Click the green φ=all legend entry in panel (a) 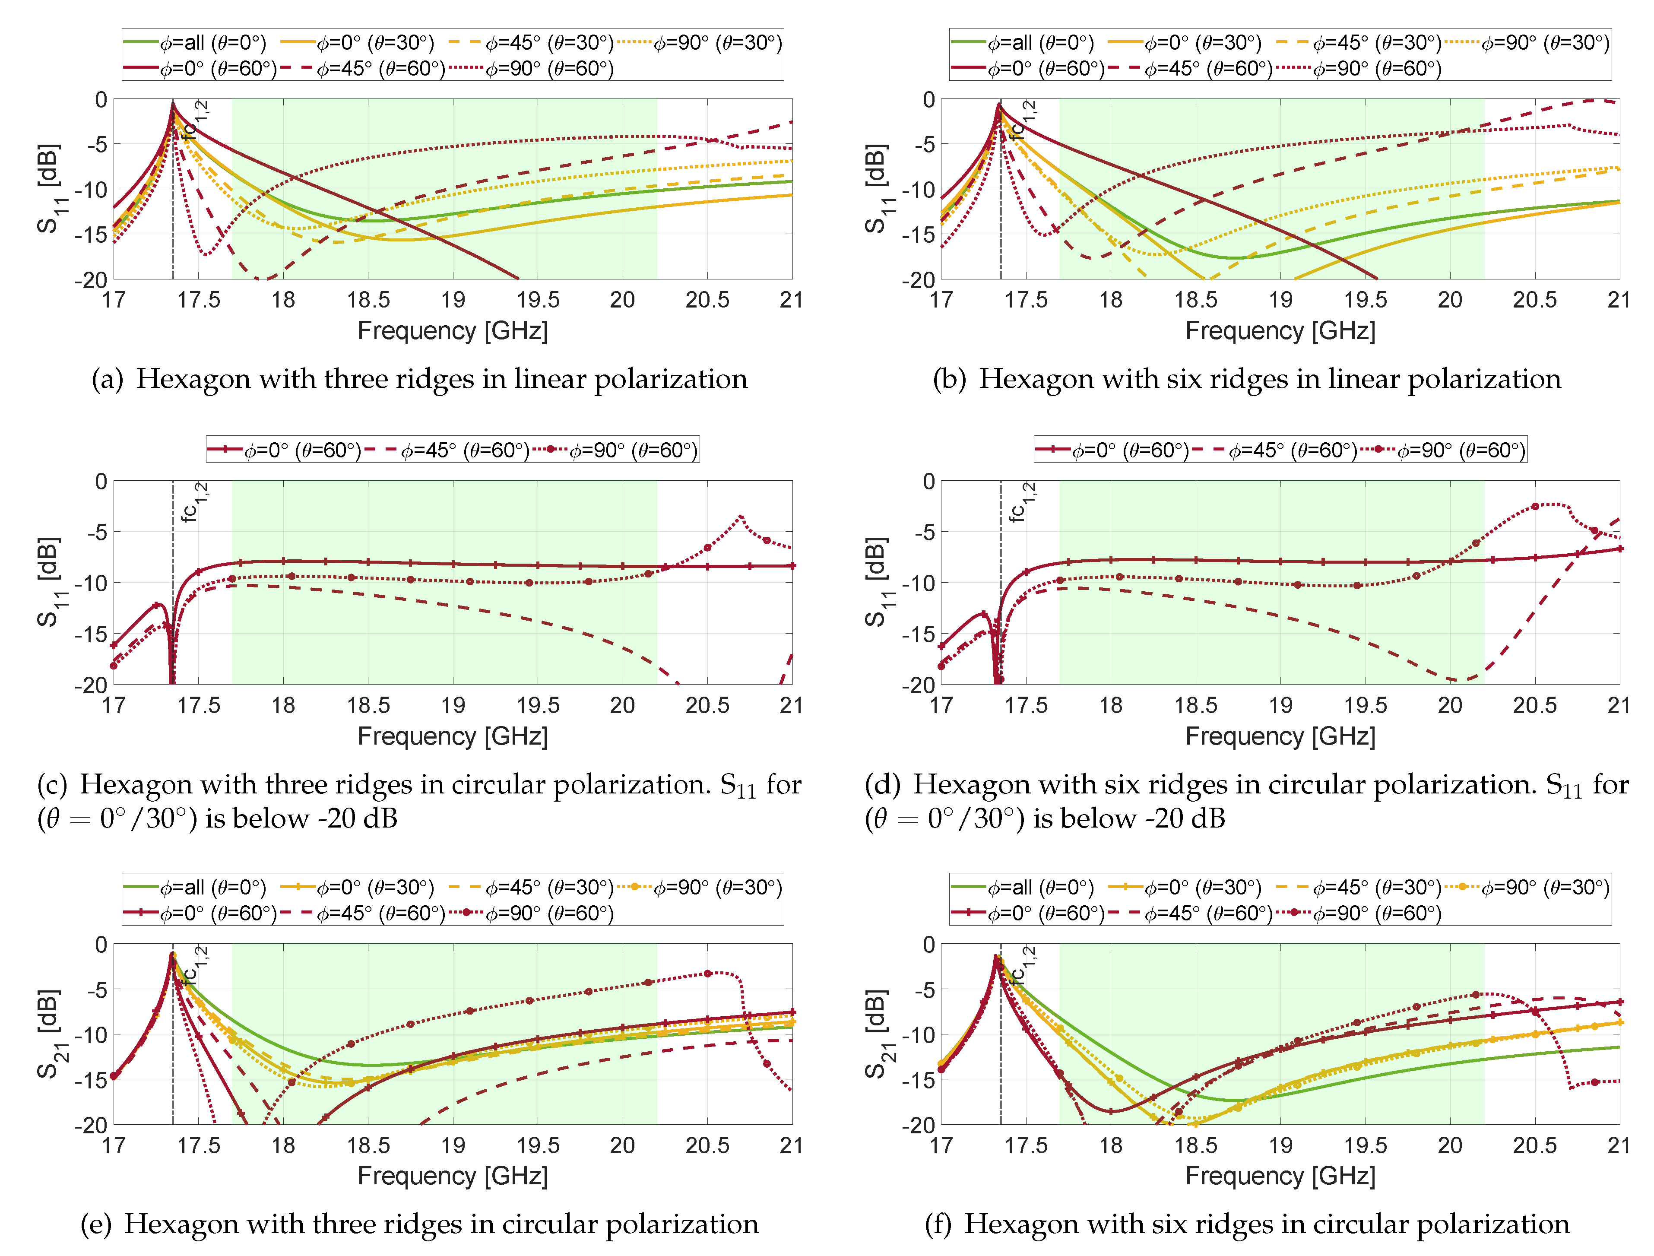194,43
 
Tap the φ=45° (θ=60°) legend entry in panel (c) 456,450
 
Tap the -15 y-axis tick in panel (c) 91,634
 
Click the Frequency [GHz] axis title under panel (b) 1280,330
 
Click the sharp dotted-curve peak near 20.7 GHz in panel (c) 740,516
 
